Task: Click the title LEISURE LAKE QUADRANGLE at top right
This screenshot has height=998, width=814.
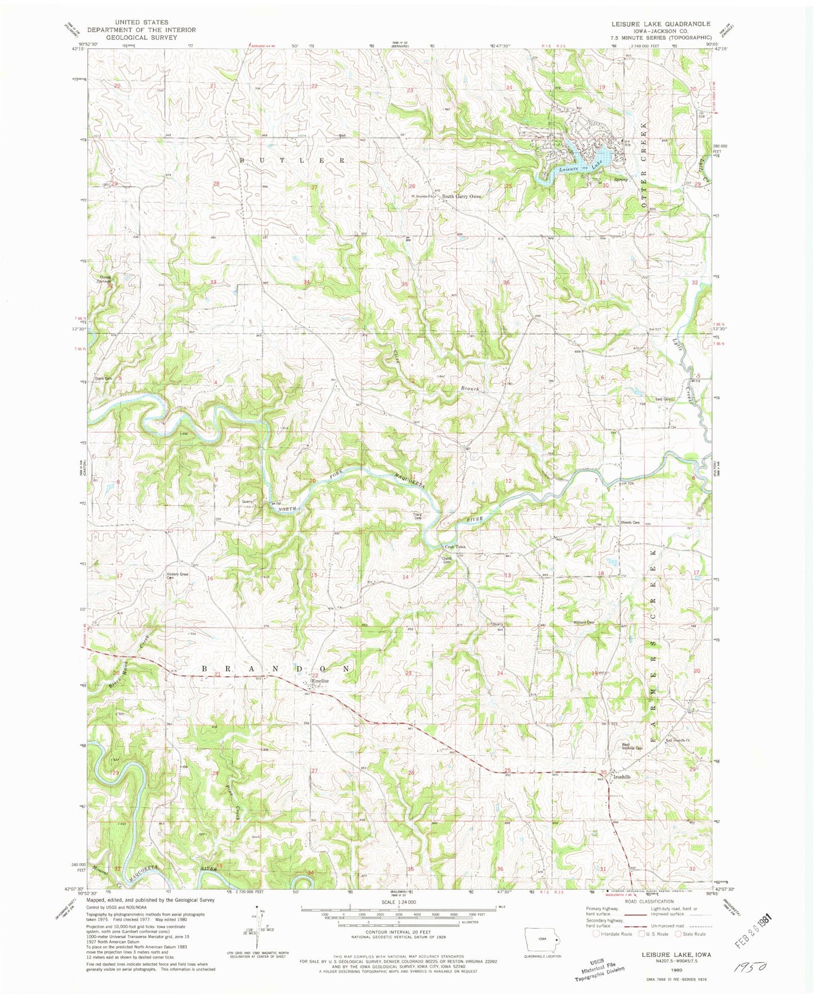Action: [x=661, y=24]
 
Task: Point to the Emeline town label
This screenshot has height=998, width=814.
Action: [x=321, y=681]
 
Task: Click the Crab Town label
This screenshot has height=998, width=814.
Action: [x=455, y=547]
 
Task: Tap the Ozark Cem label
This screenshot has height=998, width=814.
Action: [x=103, y=378]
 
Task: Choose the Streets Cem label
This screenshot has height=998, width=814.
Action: [x=630, y=522]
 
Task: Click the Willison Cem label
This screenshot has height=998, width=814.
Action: [x=584, y=622]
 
